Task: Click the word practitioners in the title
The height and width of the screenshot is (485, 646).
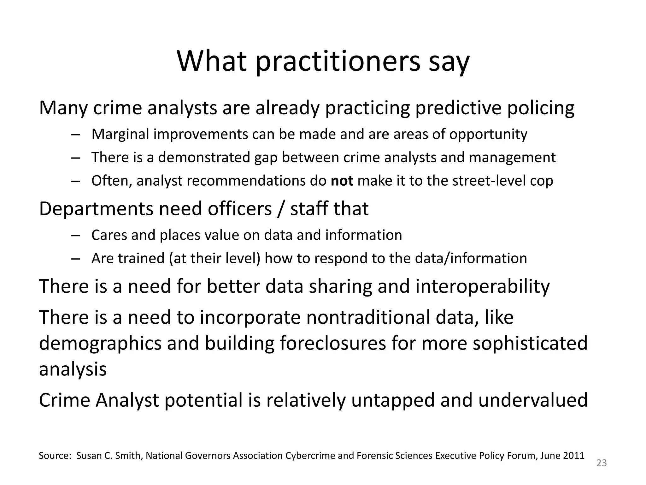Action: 338,62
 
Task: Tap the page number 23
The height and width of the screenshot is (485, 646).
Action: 602,463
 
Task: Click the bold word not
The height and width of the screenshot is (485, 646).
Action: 342,181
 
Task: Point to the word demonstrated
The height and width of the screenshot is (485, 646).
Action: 204,158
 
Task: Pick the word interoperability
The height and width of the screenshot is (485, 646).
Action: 482,286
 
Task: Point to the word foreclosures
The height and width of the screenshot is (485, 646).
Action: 332,343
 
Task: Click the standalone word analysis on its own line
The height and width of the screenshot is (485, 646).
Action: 73,369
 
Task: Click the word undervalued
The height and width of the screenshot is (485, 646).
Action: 533,400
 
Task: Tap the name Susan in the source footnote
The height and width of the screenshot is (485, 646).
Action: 87,456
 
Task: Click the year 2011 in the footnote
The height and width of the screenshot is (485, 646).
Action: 575,456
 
